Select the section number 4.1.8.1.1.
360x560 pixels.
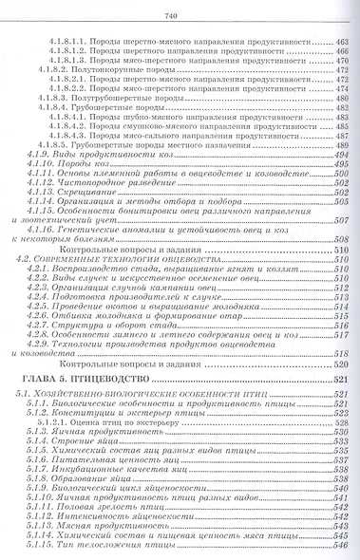point(66,44)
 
